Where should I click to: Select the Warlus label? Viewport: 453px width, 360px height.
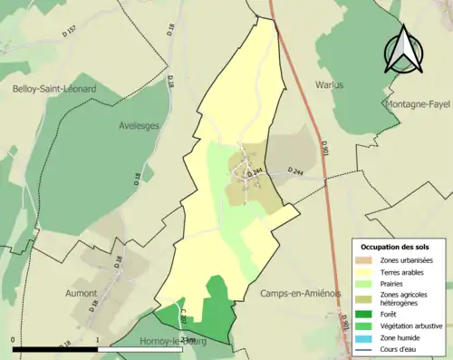[x=329, y=85]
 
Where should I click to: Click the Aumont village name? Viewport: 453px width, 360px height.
[x=81, y=294]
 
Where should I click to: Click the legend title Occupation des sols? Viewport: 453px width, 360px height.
[x=395, y=247]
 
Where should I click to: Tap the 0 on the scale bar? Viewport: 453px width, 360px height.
[x=14, y=341]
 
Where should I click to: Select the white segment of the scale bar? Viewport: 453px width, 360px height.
[x=142, y=349]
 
